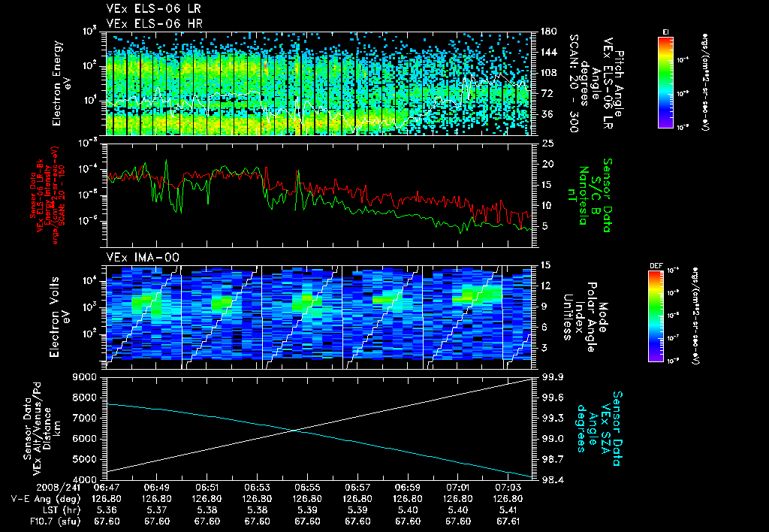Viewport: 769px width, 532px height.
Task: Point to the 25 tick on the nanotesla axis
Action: [x=547, y=143]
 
